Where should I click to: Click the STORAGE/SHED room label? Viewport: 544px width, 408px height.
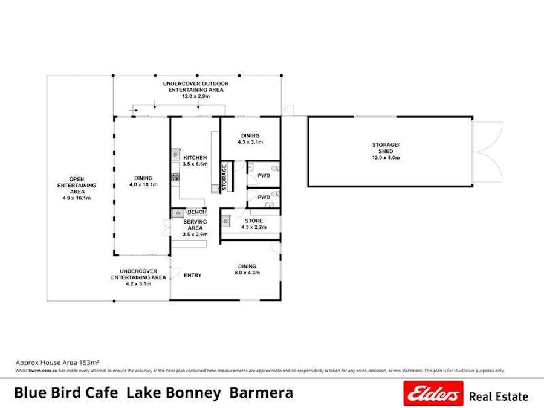(x=386, y=151)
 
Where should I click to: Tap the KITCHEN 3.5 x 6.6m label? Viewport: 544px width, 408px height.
(x=195, y=161)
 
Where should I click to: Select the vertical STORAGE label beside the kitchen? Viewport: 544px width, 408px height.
(x=224, y=178)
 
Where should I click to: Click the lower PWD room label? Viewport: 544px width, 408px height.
(x=264, y=197)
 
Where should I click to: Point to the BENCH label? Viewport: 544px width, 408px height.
(x=197, y=212)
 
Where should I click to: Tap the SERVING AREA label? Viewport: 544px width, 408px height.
(x=195, y=228)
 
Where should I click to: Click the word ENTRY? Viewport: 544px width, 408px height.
(x=192, y=276)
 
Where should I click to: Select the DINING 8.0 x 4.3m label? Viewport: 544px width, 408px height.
(x=247, y=270)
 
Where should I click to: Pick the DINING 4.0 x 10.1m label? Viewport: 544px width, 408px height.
(x=143, y=181)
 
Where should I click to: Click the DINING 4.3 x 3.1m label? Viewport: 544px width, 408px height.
(x=250, y=139)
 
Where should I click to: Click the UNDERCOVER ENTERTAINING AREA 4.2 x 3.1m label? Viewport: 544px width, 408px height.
(x=138, y=277)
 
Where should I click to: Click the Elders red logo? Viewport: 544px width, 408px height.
(x=433, y=393)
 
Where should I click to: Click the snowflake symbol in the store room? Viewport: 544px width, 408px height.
(x=226, y=221)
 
